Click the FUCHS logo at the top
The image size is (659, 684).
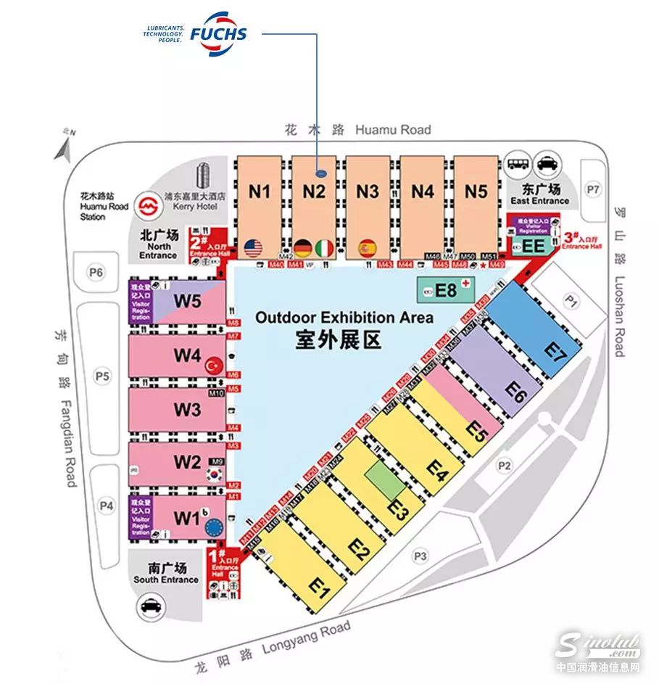coord(218,33)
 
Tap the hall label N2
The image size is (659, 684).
coord(313,192)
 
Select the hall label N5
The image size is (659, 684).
coord(476,192)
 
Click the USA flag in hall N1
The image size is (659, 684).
coord(252,247)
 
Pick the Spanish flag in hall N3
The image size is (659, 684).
coord(368,247)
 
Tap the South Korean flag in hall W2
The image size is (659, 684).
coord(214,474)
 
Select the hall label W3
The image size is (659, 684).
coord(186,410)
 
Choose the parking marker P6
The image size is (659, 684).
coord(96,273)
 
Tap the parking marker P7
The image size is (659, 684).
coord(594,189)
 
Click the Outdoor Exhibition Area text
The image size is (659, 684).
coord(344,318)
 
